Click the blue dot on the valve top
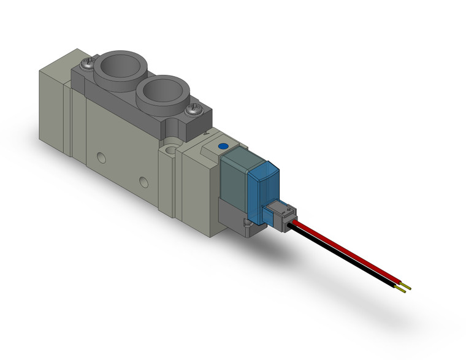pos(223,146)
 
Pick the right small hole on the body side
pos(143,182)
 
